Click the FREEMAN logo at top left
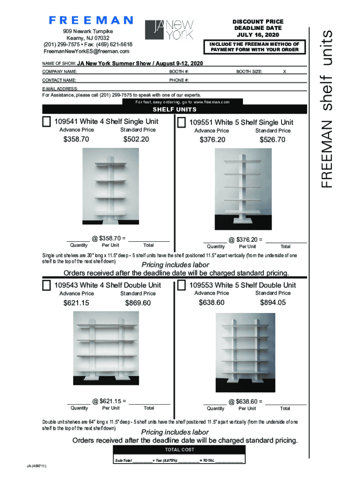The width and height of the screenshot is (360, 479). (x=91, y=21)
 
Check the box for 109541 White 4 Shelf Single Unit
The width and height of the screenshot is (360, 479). (x=47, y=122)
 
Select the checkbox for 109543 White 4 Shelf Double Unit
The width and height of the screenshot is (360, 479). (x=47, y=285)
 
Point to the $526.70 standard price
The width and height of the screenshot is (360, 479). (x=273, y=140)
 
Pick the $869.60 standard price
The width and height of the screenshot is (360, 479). (x=138, y=303)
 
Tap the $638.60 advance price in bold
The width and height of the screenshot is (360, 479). (x=211, y=303)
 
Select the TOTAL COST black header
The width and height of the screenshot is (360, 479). (x=179, y=450)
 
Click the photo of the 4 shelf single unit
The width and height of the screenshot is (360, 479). (x=111, y=187)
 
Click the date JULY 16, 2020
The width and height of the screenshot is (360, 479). (x=258, y=35)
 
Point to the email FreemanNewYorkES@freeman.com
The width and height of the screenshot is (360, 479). (x=86, y=51)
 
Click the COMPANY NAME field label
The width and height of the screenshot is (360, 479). (x=60, y=72)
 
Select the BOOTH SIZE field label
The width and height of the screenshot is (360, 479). (x=249, y=72)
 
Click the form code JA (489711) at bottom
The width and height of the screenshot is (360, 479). (x=36, y=466)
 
